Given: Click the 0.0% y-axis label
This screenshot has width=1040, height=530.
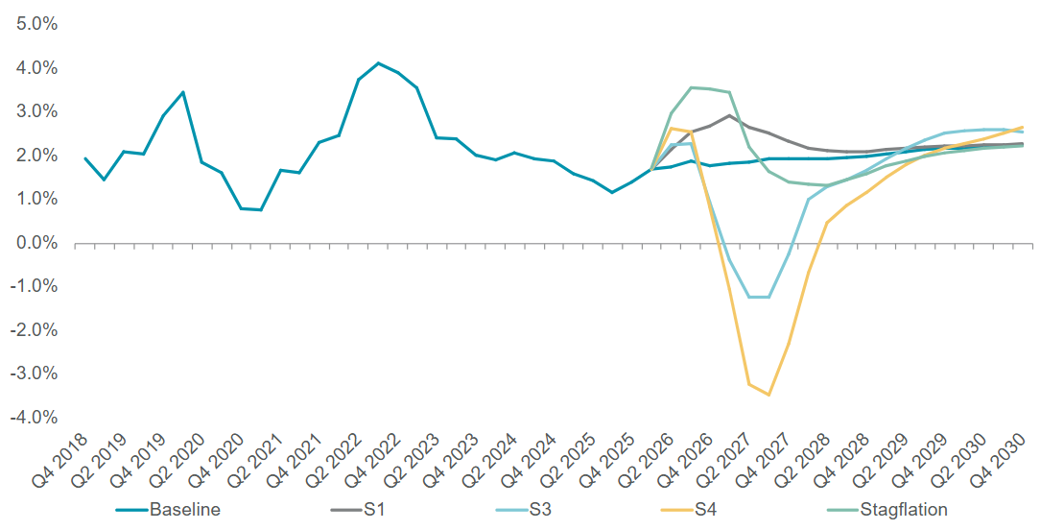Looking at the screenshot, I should [x=37, y=243].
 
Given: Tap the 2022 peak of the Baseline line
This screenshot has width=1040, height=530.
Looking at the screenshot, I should [x=378, y=63].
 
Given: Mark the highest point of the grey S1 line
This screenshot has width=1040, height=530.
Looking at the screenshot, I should [x=729, y=115].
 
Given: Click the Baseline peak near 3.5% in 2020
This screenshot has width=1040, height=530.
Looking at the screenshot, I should [x=183, y=92].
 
